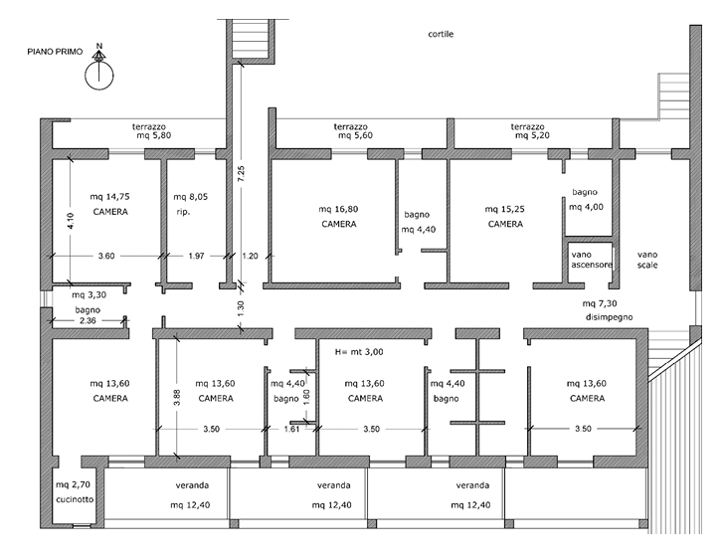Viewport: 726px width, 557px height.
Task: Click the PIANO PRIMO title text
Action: pos(55,52)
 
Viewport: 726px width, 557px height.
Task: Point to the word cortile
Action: pos(441,34)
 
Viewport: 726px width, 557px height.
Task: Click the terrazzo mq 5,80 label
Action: pos(149,131)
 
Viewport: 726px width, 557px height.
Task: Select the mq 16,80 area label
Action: pos(338,209)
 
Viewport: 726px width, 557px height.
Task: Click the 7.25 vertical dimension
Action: pos(241,174)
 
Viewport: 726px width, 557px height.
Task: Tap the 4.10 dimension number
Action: pos(71,221)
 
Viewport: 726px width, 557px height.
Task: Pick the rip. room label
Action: pos(183,213)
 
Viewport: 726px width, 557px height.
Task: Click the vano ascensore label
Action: pos(592,260)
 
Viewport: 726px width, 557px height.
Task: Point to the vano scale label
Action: pos(647,260)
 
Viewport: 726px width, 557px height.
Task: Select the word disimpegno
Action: pos(609,317)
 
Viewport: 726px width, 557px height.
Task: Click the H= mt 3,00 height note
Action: pos(359,352)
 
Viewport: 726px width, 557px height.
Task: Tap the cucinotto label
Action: pos(75,499)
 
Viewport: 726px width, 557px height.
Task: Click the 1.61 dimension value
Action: pos(291,430)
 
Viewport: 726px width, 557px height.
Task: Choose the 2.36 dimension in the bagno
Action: pos(88,320)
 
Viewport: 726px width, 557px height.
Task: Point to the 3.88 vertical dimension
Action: pos(177,397)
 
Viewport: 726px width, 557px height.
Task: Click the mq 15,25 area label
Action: pos(504,209)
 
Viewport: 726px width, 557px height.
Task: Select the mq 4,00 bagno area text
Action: pos(586,207)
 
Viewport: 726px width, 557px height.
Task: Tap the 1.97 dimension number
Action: pos(196,256)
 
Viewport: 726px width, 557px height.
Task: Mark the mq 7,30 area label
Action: pos(600,303)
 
